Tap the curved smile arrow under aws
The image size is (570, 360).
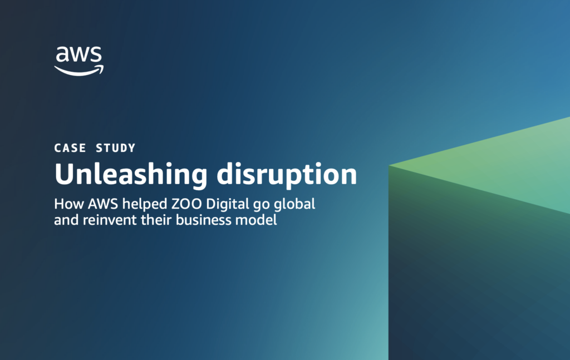(79, 71)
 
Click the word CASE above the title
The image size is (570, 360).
(70, 148)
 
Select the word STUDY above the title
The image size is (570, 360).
(116, 148)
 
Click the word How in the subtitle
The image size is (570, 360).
(69, 204)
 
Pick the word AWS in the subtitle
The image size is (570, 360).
(103, 204)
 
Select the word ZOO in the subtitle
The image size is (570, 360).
(186, 204)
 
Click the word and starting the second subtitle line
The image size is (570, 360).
(67, 220)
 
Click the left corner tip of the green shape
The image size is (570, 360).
(389, 166)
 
